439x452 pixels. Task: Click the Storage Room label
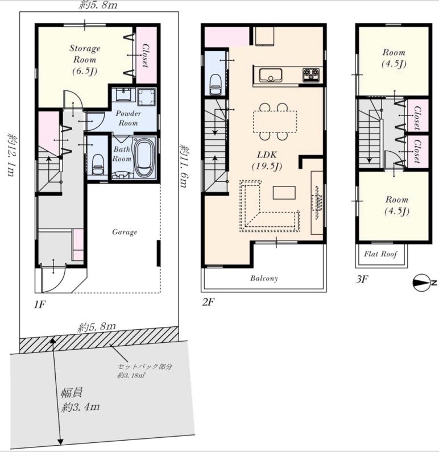tap(85, 59)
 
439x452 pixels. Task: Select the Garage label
tap(125, 232)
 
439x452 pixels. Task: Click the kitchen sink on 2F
tap(270, 75)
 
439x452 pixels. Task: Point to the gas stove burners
tap(310, 74)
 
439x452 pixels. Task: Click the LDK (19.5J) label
tap(267, 160)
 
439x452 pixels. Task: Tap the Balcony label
tap(264, 278)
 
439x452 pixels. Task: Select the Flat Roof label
tap(380, 254)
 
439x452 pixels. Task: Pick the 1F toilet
tap(98, 164)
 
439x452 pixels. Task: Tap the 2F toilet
tap(216, 85)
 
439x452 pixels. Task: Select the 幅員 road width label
tap(72, 393)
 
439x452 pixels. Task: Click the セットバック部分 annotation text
tap(144, 366)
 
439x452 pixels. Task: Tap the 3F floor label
tap(362, 279)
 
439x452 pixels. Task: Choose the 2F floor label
tap(208, 302)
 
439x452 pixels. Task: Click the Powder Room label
tap(129, 118)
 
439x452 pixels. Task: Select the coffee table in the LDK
tap(284, 193)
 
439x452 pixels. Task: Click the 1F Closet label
tap(146, 56)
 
